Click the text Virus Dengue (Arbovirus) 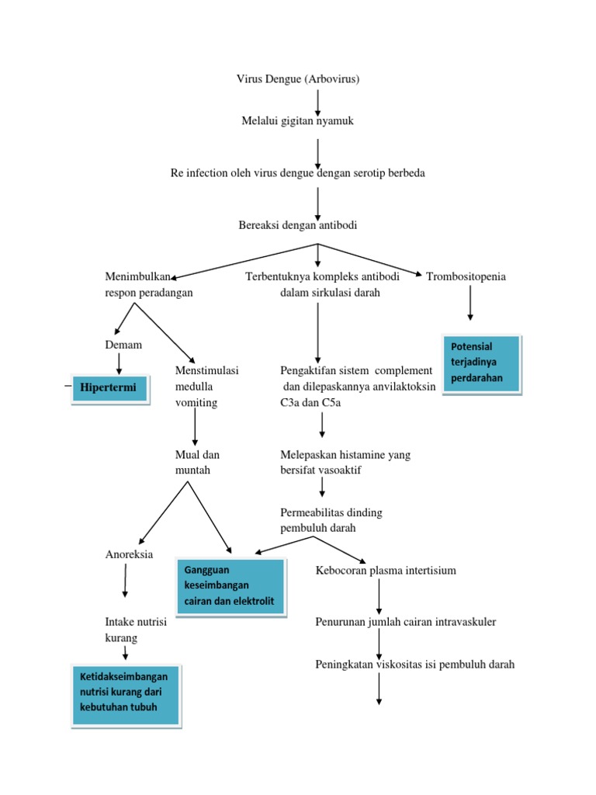pyautogui.click(x=298, y=79)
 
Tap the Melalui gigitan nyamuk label pyautogui.click(x=298, y=121)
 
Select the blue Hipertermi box pyautogui.click(x=109, y=386)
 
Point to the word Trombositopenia pyautogui.click(x=466, y=277)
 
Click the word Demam pyautogui.click(x=123, y=345)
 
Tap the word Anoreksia pyautogui.click(x=129, y=554)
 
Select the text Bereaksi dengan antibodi pyautogui.click(x=298, y=225)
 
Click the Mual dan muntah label pyautogui.click(x=198, y=462)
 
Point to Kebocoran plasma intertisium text pyautogui.click(x=386, y=571)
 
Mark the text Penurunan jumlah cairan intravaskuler pyautogui.click(x=405, y=622)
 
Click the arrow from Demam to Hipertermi pyautogui.click(x=119, y=363)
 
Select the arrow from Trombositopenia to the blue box pyautogui.click(x=470, y=304)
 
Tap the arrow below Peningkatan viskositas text pyautogui.click(x=379, y=689)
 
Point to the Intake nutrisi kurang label pyautogui.click(x=136, y=630)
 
